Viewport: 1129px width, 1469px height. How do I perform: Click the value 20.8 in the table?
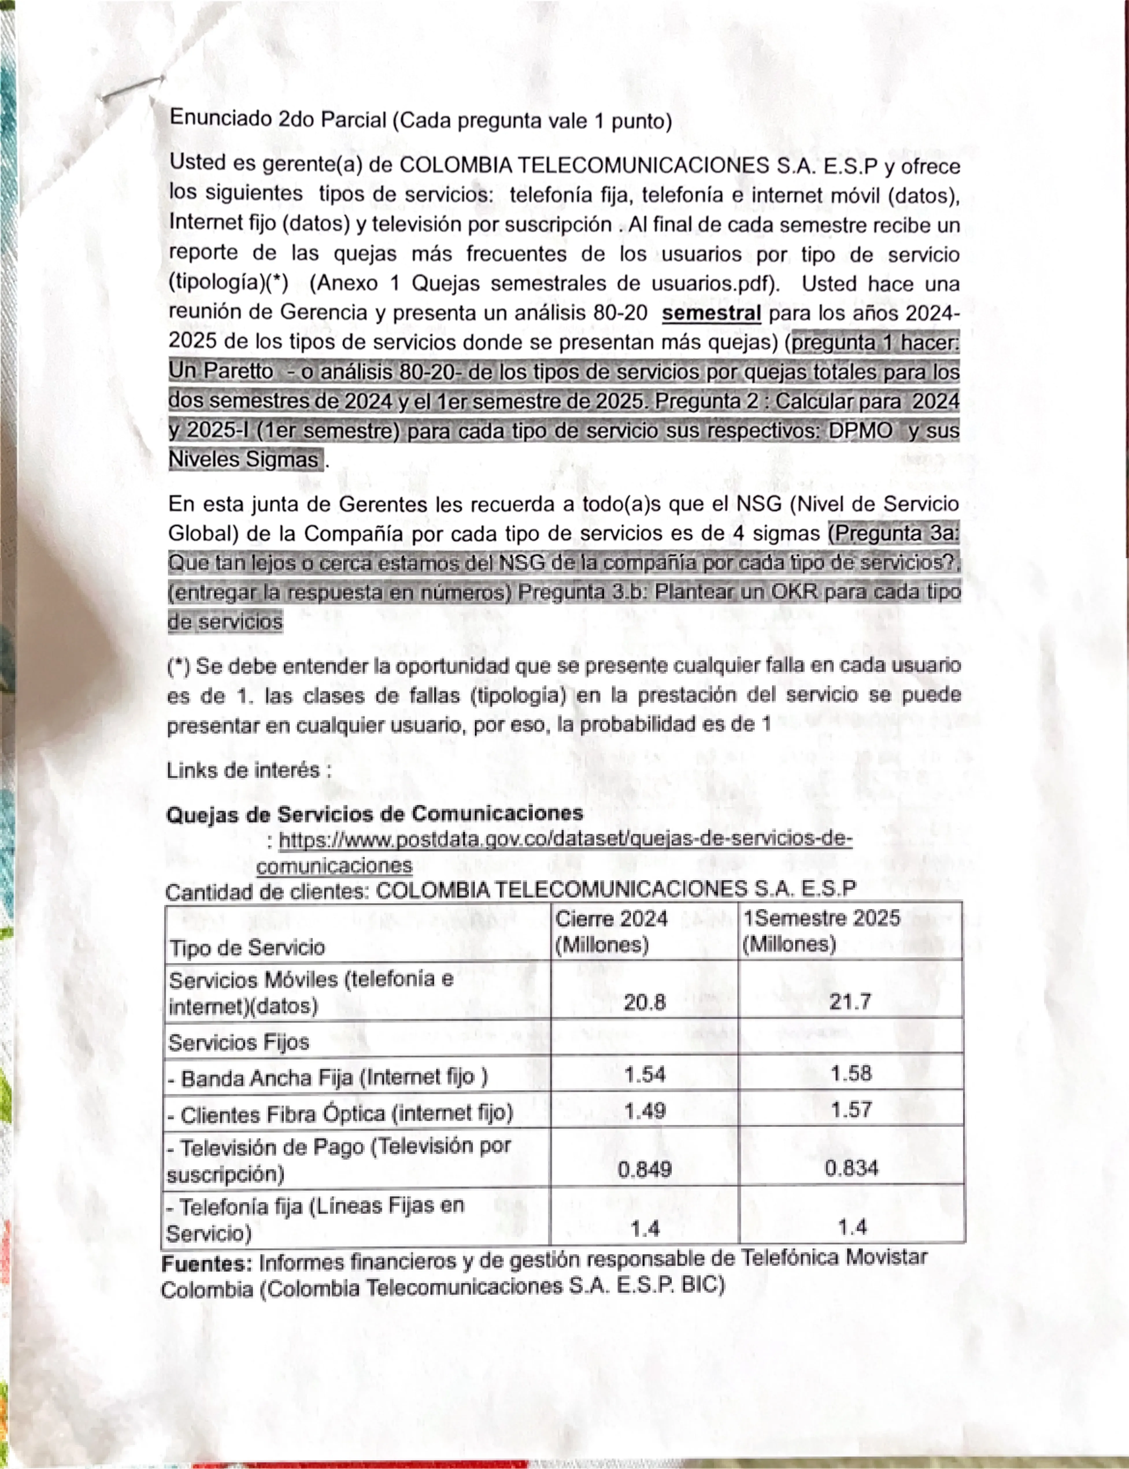tap(645, 1003)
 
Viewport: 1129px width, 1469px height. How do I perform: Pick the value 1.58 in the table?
tap(851, 1073)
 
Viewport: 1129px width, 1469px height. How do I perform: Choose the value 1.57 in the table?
tap(851, 1109)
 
